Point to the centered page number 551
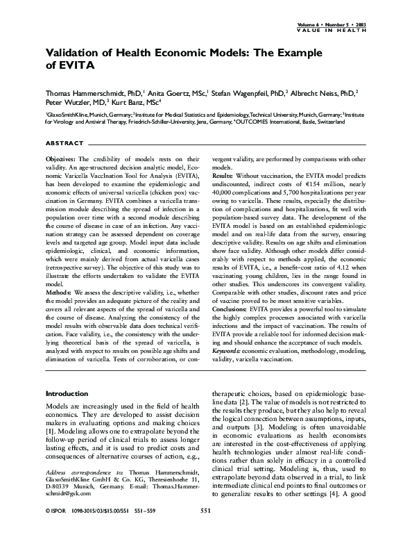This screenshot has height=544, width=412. click(x=205, y=530)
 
